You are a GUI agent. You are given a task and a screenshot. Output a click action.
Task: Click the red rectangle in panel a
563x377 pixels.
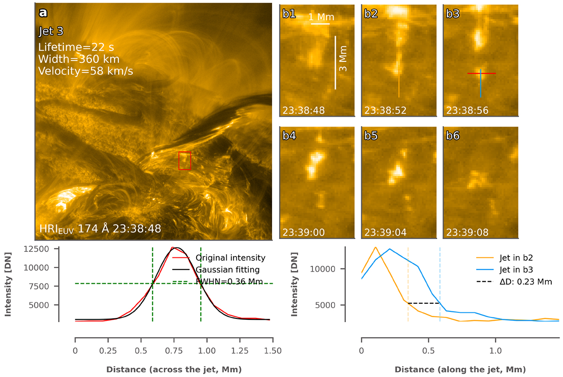[184, 160]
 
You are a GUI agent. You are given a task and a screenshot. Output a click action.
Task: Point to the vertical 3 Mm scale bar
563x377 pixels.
[335, 62]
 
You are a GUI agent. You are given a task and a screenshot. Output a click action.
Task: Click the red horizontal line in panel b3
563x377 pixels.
[481, 74]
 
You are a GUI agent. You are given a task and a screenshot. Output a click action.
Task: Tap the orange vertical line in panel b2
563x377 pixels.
[399, 83]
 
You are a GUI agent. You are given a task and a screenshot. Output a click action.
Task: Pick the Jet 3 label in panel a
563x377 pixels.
[51, 32]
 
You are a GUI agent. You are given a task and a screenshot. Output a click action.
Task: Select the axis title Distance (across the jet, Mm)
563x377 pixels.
[174, 369]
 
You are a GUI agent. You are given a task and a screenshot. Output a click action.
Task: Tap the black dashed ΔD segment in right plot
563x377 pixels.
[424, 303]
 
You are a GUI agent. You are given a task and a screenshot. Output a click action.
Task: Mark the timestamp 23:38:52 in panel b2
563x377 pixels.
[385, 111]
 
